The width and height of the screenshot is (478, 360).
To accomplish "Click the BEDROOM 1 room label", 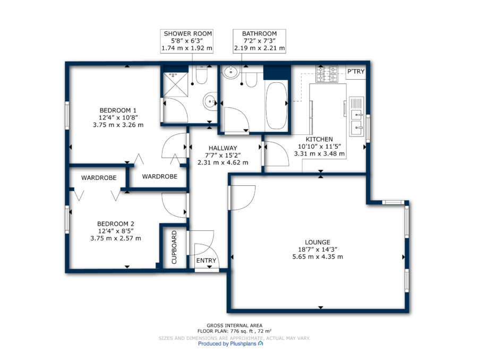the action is tap(118, 110).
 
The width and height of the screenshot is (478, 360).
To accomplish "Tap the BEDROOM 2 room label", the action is tap(116, 224).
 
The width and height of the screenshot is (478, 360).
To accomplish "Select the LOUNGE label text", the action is tap(318, 242).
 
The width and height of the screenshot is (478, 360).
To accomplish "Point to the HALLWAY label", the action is tap(223, 148).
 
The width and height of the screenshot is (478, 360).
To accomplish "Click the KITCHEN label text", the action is tap(319, 139).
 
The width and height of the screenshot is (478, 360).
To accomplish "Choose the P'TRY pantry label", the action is tap(356, 71).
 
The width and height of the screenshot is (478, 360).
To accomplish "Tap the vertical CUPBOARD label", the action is tap(174, 247).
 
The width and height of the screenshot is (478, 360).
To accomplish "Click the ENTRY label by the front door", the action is tap(206, 261).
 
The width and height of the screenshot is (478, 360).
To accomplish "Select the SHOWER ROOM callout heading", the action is tap(188, 34).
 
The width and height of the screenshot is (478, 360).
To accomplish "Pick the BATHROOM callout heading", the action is tap(259, 34).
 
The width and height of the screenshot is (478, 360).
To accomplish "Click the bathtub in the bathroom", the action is tap(277, 106).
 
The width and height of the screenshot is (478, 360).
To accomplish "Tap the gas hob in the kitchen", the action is tap(327, 74).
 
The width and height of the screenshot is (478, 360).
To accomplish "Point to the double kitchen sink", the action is tap(356, 116).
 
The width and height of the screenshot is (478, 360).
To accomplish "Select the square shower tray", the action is tap(175, 84).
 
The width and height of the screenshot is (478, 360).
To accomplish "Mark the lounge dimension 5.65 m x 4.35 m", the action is tap(318, 256).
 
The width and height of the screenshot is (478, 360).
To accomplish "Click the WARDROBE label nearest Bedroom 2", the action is tap(99, 178).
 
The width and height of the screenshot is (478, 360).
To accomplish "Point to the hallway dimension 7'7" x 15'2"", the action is tap(223, 156).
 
